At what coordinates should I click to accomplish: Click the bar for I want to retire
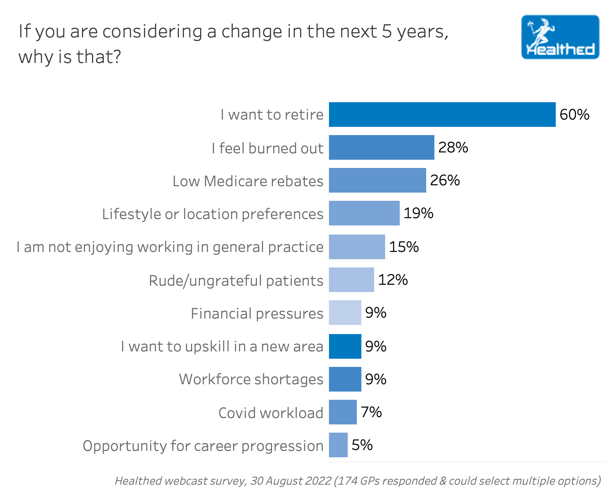pyautogui.click(x=442, y=115)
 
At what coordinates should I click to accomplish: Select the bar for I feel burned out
pyautogui.click(x=381, y=147)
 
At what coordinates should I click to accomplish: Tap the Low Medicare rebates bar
pyautogui.click(x=377, y=180)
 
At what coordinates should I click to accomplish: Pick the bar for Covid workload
pyautogui.click(x=343, y=412)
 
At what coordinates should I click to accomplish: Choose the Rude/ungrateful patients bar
pyautogui.click(x=351, y=280)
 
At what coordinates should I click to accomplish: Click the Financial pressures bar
pyautogui.click(x=345, y=313)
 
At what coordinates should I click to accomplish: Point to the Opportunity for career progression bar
pyautogui.click(x=338, y=445)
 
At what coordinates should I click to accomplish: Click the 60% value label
pyautogui.click(x=574, y=115)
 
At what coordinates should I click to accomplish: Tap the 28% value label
pyautogui.click(x=453, y=147)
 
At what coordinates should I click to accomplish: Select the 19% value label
pyautogui.click(x=418, y=213)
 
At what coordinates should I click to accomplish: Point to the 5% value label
pyautogui.click(x=362, y=445)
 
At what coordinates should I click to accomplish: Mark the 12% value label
pyautogui.click(x=393, y=280)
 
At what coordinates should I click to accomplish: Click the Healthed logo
pyautogui.click(x=560, y=37)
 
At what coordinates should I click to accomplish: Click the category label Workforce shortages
pyautogui.click(x=251, y=379)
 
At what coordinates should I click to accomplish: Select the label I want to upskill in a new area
pyautogui.click(x=222, y=346)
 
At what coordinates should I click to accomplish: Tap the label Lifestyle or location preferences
pyautogui.click(x=213, y=214)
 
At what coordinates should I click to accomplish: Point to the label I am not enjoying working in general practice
pyautogui.click(x=170, y=247)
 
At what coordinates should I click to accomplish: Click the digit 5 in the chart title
pyautogui.click(x=387, y=31)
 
